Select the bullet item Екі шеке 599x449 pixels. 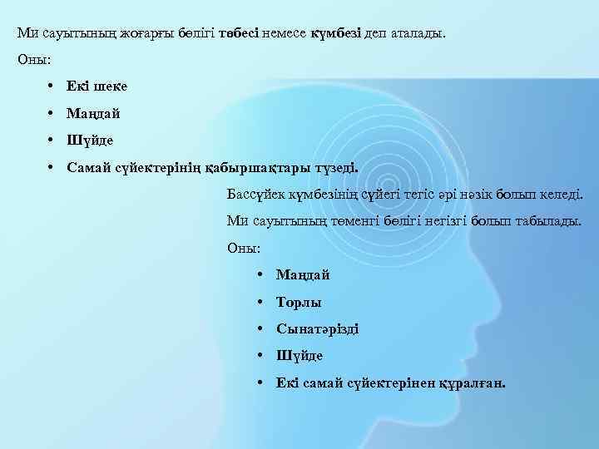tap(97, 86)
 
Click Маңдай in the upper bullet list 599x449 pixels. tap(94, 112)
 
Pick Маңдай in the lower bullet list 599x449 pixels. tap(303, 274)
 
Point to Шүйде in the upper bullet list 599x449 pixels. tap(90, 140)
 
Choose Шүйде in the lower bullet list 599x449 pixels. tap(299, 355)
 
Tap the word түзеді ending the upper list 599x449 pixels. tap(334, 166)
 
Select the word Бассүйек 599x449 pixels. tap(255, 194)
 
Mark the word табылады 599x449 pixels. tap(544, 221)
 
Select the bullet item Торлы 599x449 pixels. tap(299, 302)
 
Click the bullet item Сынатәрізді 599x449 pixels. tap(318, 328)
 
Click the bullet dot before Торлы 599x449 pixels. tap(261, 302)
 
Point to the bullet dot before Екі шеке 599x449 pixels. tap(52, 86)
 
